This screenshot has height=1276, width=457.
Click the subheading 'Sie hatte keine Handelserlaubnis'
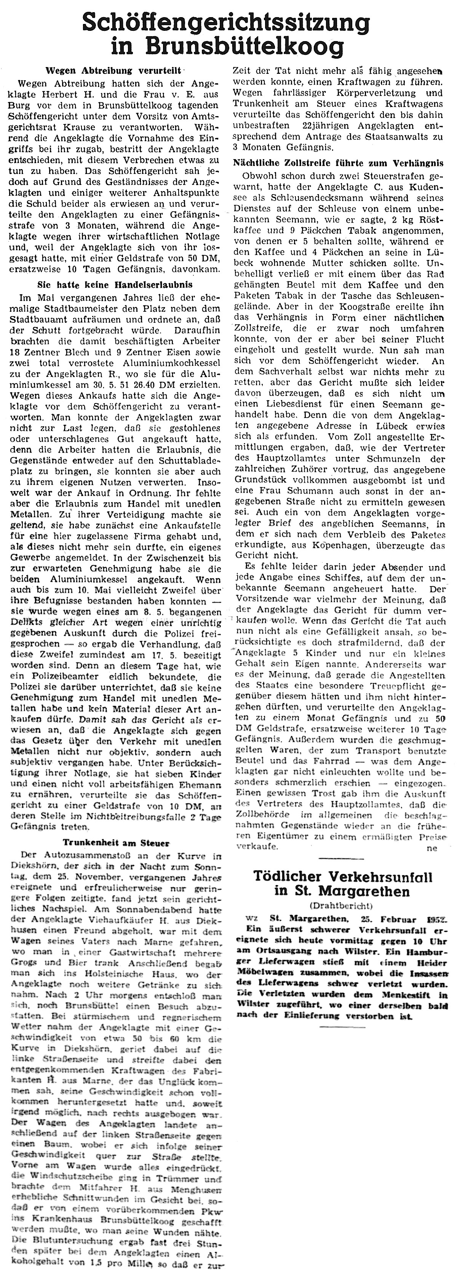click(x=115, y=285)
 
